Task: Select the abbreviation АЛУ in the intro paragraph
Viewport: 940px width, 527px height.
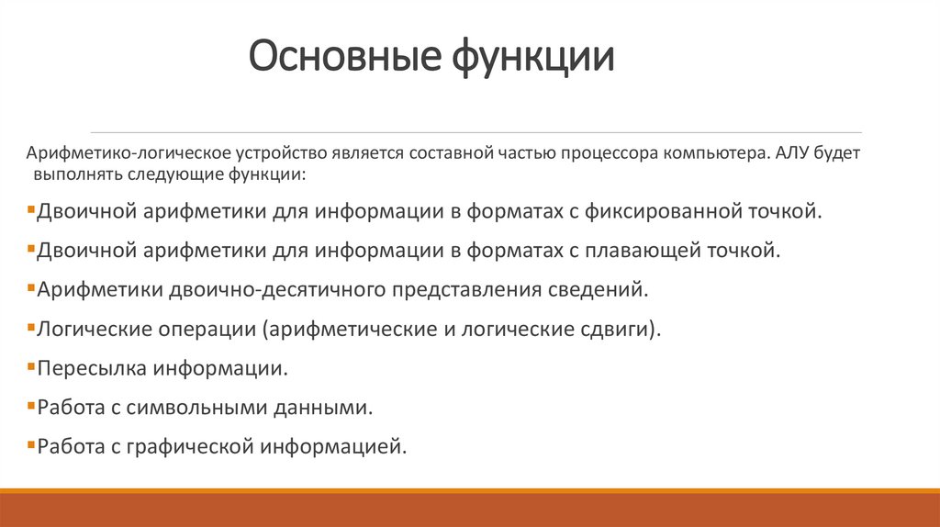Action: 796,151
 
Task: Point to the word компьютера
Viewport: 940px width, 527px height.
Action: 708,151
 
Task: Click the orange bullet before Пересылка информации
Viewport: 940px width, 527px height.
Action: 32,368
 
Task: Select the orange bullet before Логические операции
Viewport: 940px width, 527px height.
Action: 32,329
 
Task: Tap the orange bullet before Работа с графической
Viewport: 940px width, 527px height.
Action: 32,447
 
